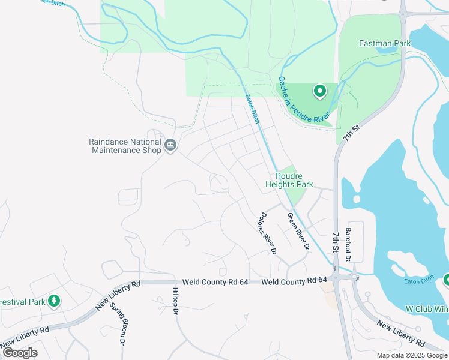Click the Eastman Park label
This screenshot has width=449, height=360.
coord(384,43)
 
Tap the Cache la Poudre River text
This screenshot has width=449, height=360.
coord(304,101)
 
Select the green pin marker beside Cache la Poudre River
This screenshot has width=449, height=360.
coord(320,91)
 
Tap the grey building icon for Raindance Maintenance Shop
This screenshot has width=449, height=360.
coord(170,145)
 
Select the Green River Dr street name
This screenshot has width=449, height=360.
coord(298,232)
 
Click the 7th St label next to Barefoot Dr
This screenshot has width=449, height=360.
coord(336,243)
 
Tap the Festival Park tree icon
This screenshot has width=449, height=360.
coord(55,301)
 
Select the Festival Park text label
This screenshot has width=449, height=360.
coord(22,301)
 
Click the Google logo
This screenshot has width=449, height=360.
coord(20,353)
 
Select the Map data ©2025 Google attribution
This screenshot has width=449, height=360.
coord(411,355)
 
